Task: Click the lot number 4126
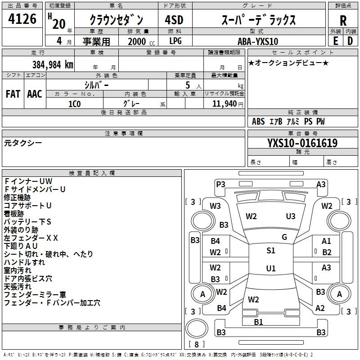tap(22, 19)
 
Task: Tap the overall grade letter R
tap(343, 21)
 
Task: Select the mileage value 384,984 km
tap(53, 65)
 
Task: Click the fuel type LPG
tap(175, 41)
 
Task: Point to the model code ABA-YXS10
tap(258, 41)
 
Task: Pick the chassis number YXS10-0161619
tap(302, 143)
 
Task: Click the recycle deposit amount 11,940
tap(224, 104)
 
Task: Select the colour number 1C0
tap(75, 104)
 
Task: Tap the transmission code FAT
tap(13, 94)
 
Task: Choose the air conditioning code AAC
tap(35, 94)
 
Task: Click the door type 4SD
tap(174, 20)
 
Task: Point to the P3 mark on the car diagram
tap(220, 184)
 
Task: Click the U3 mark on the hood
tap(291, 216)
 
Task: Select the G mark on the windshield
tap(284, 237)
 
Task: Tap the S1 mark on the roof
tap(271, 250)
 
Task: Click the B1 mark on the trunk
tap(258, 322)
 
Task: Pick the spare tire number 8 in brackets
tap(197, 344)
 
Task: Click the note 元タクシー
tap(23, 143)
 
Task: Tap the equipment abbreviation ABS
tap(258, 121)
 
